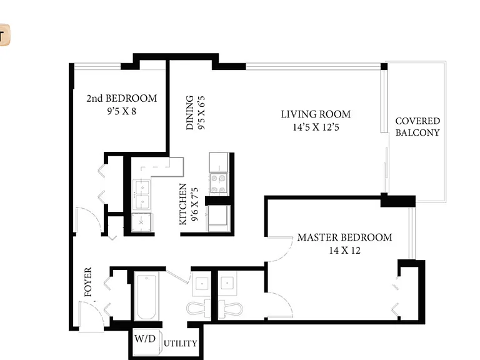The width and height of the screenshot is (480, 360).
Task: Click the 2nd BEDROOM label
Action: (121, 98)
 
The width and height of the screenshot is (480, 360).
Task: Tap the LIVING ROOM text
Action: (316, 114)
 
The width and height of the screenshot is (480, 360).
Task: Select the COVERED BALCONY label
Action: (417, 127)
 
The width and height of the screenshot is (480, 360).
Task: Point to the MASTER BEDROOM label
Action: (344, 237)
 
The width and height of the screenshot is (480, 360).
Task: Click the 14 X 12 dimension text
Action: (345, 251)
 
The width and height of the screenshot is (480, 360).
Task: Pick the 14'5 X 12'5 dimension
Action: (316, 127)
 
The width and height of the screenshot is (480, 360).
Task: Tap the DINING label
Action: (190, 112)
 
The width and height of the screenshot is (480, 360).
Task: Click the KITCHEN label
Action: (182, 204)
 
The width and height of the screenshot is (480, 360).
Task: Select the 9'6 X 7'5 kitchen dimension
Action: (195, 204)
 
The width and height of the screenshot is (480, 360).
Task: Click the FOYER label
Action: (88, 282)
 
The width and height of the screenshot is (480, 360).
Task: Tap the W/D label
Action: (145, 339)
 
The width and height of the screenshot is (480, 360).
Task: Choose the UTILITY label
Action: (180, 344)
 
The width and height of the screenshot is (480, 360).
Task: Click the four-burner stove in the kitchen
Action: (218, 183)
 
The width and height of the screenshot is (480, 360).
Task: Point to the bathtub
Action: (146, 297)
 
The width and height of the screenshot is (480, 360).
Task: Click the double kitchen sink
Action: (142, 194)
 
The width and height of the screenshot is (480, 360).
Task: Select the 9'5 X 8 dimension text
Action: (121, 111)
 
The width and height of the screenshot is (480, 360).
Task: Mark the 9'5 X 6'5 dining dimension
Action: (201, 112)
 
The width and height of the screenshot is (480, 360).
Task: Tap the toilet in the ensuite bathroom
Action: (230, 309)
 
